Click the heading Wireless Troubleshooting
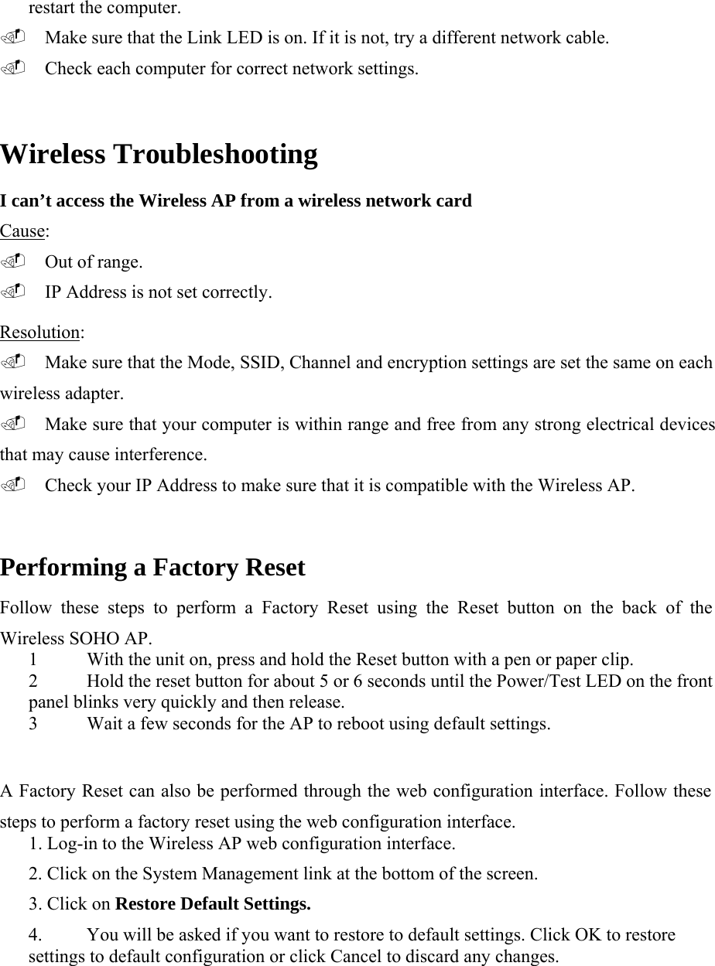coord(159,155)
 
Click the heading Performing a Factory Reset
coord(152,568)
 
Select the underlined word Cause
coord(23,231)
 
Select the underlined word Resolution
coord(40,333)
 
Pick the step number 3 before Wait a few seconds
coord(32,725)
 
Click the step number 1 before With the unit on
coord(32,660)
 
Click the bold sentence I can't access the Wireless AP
coord(236,201)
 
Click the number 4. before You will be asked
coord(36,935)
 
